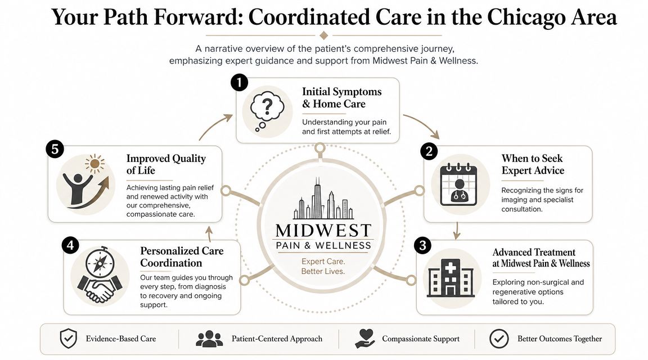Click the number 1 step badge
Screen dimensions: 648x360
point(239,82)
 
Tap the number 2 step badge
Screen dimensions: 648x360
point(429,151)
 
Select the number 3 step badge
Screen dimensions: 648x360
point(422,245)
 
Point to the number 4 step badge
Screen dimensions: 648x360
point(70,245)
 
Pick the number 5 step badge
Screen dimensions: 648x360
point(55,149)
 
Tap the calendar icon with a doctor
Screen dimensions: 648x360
point(459,184)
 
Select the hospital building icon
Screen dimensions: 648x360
point(451,278)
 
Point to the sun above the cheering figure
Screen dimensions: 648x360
point(94,164)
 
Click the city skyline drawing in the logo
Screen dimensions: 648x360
point(323,199)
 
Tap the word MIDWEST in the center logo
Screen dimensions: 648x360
point(323,231)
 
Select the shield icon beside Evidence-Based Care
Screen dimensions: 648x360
point(68,339)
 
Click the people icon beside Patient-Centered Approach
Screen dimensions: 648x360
point(209,339)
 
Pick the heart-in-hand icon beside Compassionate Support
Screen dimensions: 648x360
point(365,339)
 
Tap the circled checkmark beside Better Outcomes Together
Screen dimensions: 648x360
point(499,339)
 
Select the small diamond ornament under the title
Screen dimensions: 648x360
point(324,35)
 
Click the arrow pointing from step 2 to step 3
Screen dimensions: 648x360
point(456,231)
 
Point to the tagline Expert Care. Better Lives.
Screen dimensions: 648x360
point(323,267)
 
